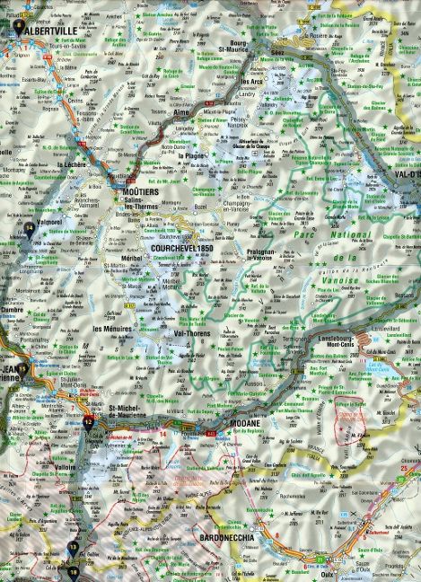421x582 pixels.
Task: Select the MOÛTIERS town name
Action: pyautogui.click(x=142, y=193)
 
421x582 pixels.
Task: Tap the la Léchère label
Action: pyautogui.click(x=72, y=167)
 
